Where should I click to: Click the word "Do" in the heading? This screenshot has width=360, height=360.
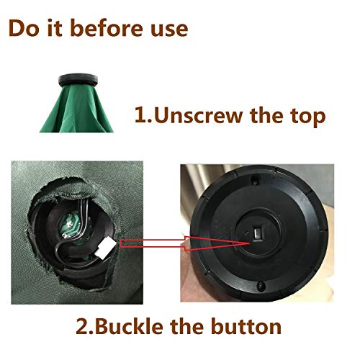(x=24, y=29)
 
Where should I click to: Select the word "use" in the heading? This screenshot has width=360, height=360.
(x=169, y=30)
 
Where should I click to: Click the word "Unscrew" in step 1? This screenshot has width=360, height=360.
(x=199, y=115)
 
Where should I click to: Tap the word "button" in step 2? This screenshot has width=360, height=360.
(x=246, y=326)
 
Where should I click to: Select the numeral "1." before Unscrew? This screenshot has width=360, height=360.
(x=143, y=115)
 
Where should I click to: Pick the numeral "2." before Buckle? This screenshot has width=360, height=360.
(x=85, y=326)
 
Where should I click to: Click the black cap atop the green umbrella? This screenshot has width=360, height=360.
(x=78, y=80)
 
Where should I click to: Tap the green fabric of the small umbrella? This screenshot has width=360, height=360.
(x=77, y=109)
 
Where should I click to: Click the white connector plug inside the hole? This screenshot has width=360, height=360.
(x=105, y=248)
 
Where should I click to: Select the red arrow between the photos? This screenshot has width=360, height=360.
(x=185, y=243)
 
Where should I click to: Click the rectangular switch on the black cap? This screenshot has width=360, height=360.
(x=258, y=232)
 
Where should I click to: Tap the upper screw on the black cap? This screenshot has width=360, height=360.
(x=255, y=180)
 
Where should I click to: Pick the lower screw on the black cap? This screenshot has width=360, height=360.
(x=261, y=286)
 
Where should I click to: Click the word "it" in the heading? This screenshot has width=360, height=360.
(x=54, y=29)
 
